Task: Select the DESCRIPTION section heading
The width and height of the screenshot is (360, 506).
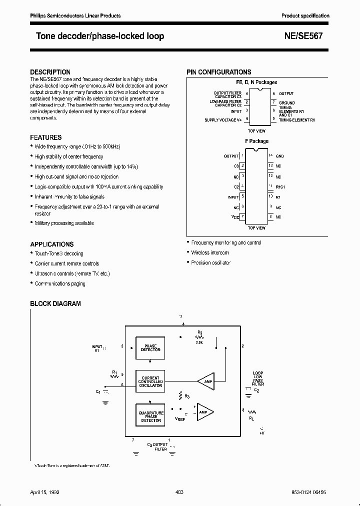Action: coord(50,72)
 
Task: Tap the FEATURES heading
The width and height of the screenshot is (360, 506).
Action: coord(46,137)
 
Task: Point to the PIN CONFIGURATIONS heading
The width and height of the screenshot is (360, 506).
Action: coord(219,72)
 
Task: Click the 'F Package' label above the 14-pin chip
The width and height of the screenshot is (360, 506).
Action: coord(256,141)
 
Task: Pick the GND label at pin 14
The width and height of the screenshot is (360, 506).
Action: coord(279,156)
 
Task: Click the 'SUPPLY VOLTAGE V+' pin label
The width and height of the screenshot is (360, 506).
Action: coord(223,120)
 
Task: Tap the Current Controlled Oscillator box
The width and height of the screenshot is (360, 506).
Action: coord(150,381)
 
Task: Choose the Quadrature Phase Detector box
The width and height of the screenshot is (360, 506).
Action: coord(150,416)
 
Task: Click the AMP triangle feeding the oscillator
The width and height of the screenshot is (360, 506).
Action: coord(205,381)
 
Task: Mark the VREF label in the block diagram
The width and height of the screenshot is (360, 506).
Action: coord(180,419)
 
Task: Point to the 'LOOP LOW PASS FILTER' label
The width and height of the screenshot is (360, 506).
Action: coord(258,378)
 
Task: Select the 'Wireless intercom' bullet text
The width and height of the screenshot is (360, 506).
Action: coord(210,252)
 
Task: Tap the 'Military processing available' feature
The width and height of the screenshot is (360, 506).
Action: coord(64,223)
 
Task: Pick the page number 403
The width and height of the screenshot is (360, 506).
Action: coord(180,492)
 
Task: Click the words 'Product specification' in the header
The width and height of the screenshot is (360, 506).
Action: coord(305,16)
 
